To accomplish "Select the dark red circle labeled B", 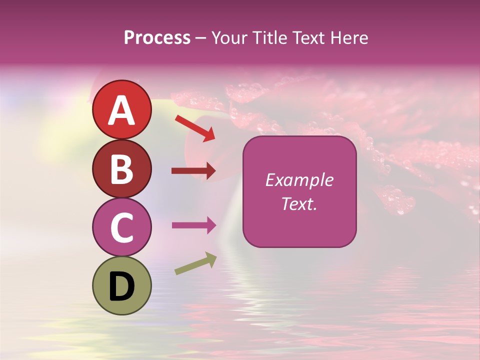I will pos(122,168).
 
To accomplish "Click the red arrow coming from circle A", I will pos(195,128).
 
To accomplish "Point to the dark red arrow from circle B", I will pos(193,171).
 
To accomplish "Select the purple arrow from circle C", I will pos(193,225).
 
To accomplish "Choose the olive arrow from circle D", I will pos(195,263).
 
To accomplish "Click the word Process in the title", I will pos(157,37).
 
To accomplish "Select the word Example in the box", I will pos(299,180).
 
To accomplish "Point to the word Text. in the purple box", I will pos(299,203).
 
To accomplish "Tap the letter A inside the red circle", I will pos(122,110).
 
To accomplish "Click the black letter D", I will pos(122,286).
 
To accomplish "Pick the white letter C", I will pos(122,227).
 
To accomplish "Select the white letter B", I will pos(122,168).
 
